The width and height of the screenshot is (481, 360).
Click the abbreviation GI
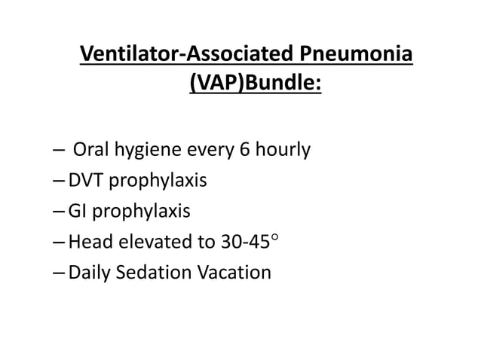click(76, 211)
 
